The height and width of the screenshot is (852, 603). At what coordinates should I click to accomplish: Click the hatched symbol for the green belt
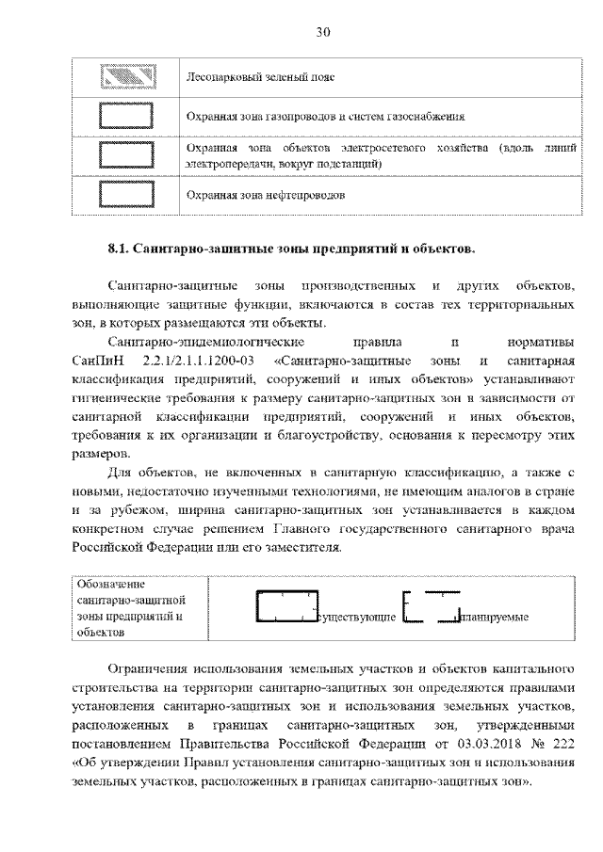pyautogui.click(x=126, y=75)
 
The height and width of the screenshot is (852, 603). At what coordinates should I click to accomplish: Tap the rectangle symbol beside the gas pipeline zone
pyautogui.click(x=126, y=116)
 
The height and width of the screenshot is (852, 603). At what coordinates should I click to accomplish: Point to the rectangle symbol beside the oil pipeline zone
pyautogui.click(x=126, y=196)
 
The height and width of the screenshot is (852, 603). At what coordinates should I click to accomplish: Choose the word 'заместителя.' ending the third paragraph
pyautogui.click(x=289, y=547)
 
